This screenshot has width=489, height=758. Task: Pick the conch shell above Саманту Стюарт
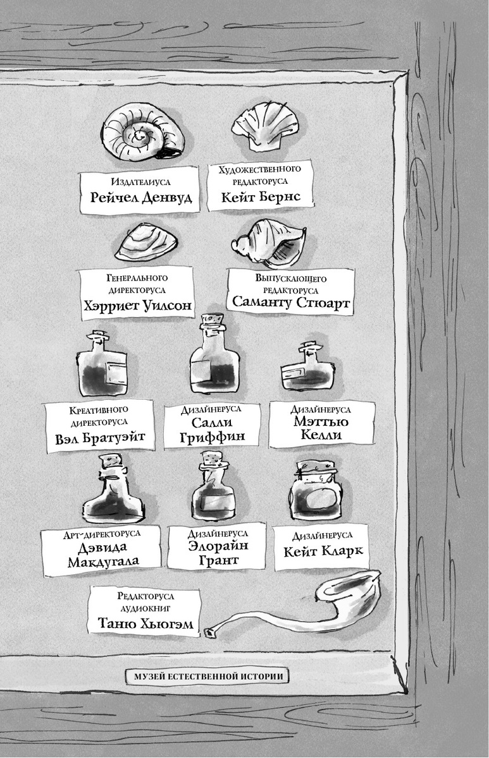[270, 241]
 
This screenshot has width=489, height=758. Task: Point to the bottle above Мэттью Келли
[307, 369]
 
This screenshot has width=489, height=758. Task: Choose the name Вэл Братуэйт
[101, 437]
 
